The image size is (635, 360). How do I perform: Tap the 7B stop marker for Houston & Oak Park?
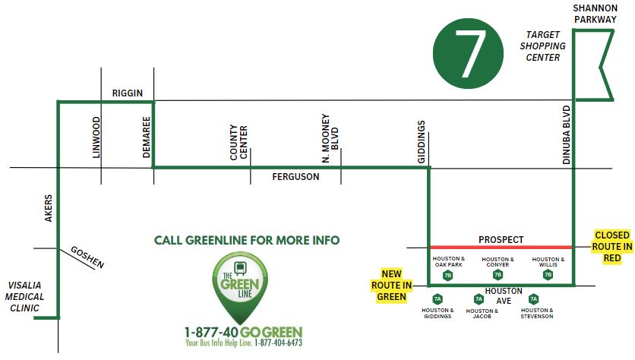tap(447, 275)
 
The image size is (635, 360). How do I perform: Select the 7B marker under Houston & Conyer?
tap(498, 275)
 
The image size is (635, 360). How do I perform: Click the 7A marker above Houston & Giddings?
tap(438, 299)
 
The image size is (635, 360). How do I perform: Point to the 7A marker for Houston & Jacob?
tap(479, 299)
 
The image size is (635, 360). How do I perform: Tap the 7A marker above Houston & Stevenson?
tap(533, 299)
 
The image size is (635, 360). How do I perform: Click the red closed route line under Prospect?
tap(501, 247)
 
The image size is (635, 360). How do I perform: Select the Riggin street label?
tap(127, 92)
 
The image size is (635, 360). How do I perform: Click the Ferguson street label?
tap(295, 177)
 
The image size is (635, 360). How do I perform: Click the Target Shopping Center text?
tap(542, 46)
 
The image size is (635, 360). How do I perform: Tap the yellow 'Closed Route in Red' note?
tap(612, 246)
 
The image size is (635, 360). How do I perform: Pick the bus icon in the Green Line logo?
tap(241, 267)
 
